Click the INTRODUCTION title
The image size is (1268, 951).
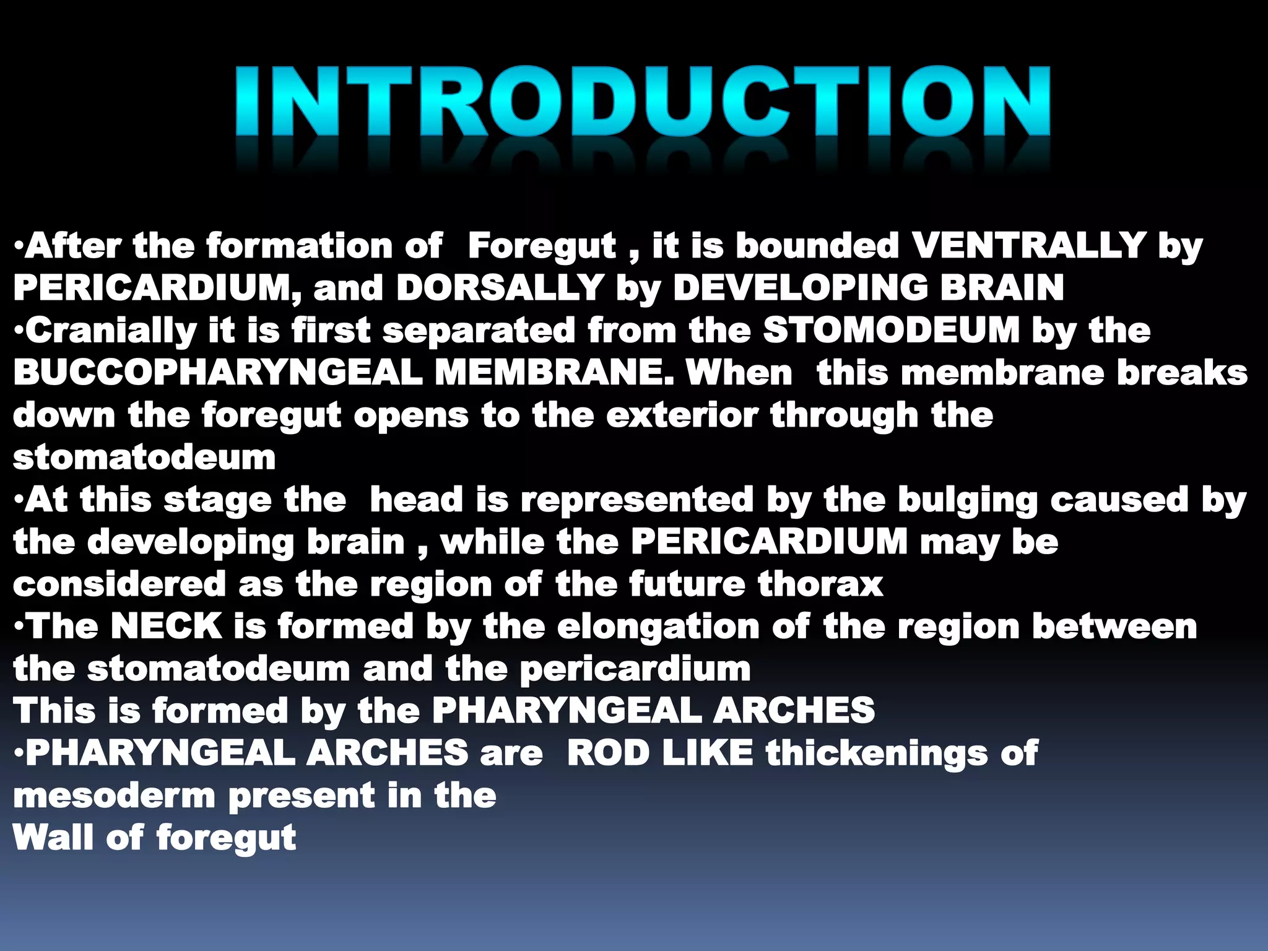[643, 102]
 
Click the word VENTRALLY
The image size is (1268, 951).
[1028, 246]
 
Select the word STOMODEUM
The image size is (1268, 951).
[891, 330]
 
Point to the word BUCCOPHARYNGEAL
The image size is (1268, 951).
[217, 373]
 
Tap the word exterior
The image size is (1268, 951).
[682, 415]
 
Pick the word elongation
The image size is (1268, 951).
[658, 627]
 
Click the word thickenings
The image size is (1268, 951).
[876, 753]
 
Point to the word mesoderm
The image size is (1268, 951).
[114, 796]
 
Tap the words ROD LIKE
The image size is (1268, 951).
[660, 753]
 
